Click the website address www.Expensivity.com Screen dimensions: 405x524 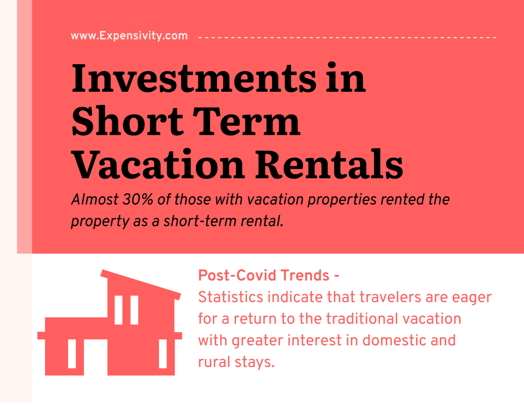pyautogui.click(x=129, y=35)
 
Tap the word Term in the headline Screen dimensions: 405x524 pyautogui.click(x=246, y=122)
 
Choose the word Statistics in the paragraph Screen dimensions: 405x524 pyautogui.click(x=231, y=297)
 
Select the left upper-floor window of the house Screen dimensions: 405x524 pyautogui.click(x=118, y=310)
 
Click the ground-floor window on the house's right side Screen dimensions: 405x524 pyautogui.click(x=163, y=353)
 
